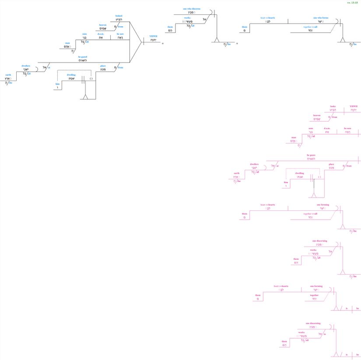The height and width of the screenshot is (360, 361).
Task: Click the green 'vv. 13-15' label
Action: coord(352,3)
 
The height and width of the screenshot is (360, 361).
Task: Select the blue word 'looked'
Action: coord(119,16)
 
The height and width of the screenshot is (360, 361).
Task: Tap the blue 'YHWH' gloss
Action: coord(153,36)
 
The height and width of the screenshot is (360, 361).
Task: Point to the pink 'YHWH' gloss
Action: coord(354,106)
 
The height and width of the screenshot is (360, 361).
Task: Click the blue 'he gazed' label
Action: coord(82,57)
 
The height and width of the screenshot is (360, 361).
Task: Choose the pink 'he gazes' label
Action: coord(311,155)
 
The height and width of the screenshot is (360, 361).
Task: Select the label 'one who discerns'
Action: coord(192,9)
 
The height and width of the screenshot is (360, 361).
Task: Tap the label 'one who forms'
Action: coord(320,18)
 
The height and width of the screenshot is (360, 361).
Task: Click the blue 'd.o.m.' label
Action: coord(101,34)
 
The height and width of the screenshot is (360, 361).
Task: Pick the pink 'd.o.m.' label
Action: coord(327,129)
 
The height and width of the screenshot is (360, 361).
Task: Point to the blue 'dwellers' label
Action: coord(26,66)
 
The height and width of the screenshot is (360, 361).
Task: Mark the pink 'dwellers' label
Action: coord(254,164)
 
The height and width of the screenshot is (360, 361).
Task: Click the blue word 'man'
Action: coord(67,43)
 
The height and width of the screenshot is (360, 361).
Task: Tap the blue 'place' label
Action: coord(103,66)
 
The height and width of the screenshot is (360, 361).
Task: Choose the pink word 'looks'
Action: coord(333,106)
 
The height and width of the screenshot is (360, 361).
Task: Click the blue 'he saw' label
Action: coord(120,34)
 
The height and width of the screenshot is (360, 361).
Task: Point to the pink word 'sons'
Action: coord(311,129)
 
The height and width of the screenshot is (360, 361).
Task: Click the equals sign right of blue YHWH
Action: coord(163,44)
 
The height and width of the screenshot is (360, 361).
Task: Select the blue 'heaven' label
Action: coord(103,25)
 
